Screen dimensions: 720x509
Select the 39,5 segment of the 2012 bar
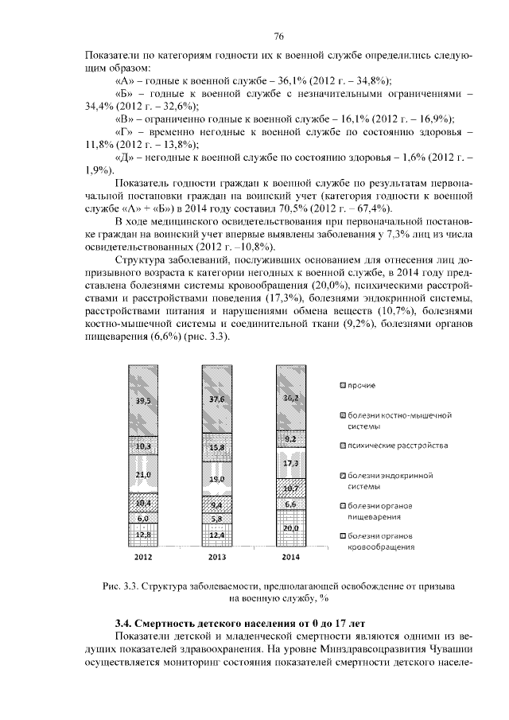pos(144,400)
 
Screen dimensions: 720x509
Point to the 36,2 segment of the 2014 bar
pos(290,397)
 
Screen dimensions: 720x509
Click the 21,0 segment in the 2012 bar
pos(144,475)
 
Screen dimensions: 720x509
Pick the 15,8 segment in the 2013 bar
pos(217,447)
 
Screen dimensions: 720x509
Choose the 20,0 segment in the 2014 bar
pos(290,528)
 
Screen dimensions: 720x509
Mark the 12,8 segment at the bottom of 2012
pos(144,534)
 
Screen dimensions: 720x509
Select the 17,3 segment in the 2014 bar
pos(290,462)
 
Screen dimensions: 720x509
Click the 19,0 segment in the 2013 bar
pos(217,479)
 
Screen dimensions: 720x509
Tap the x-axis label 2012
pos(144,555)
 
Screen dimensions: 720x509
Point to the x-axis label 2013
pos(217,555)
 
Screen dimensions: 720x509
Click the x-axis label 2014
pos(290,555)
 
